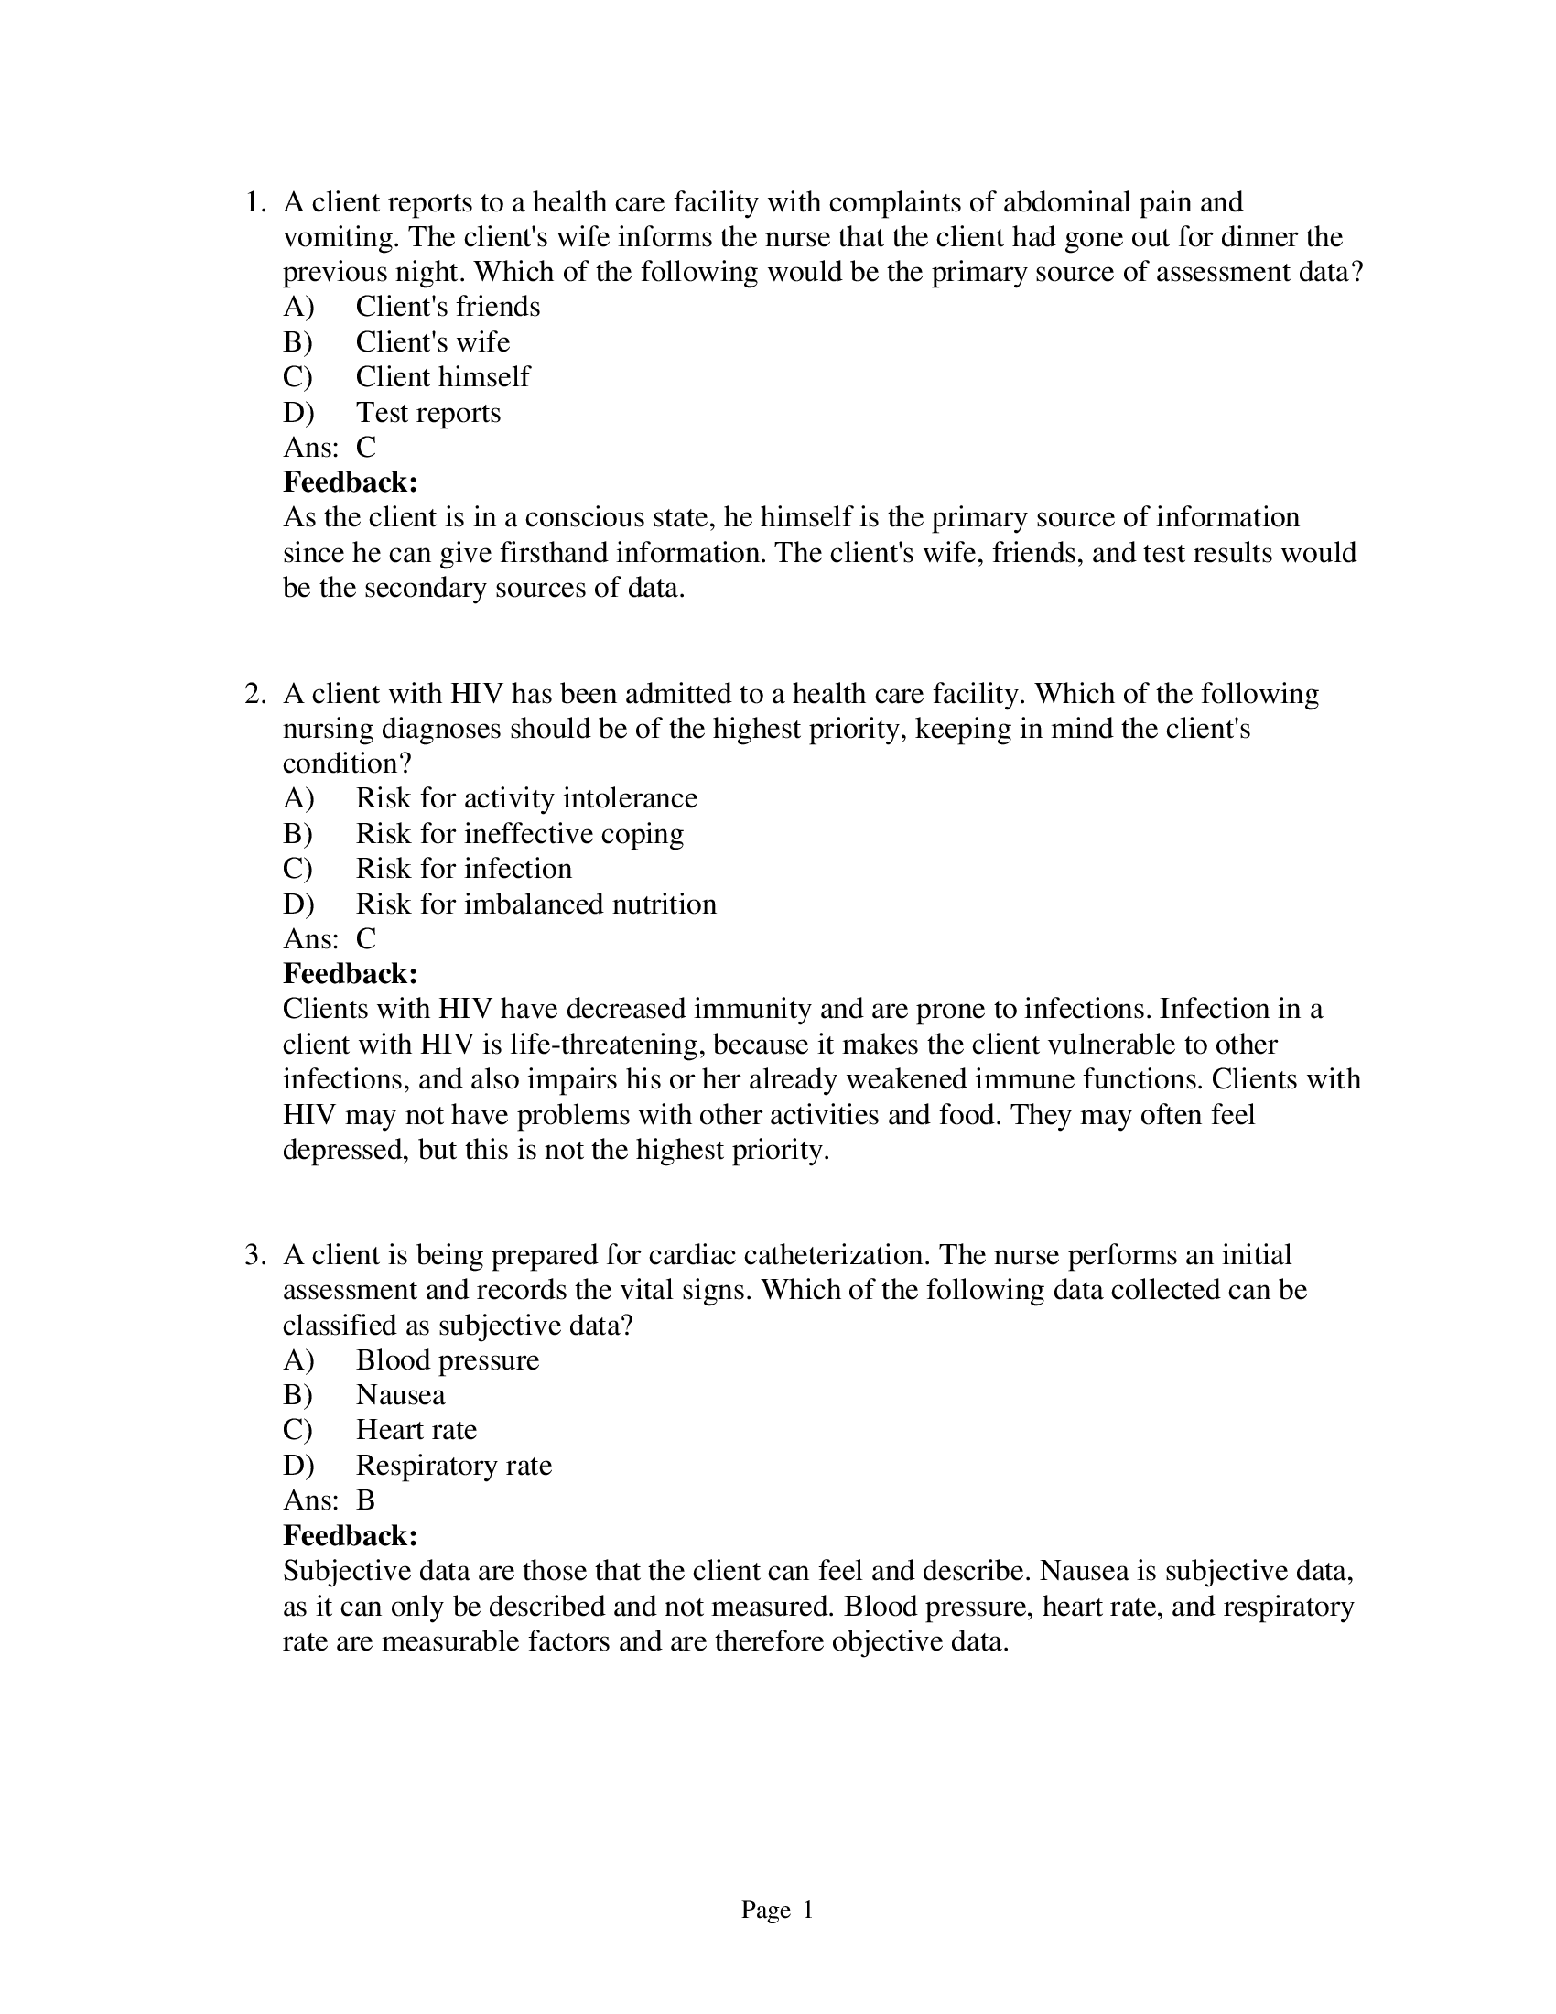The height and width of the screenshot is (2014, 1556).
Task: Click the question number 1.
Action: (x=254, y=202)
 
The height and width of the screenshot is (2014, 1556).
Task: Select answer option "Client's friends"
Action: (x=447, y=306)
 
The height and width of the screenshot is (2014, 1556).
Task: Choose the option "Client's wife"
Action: (x=432, y=342)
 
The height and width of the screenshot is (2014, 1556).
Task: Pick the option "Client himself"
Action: (x=442, y=377)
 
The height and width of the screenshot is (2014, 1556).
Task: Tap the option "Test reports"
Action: (x=427, y=412)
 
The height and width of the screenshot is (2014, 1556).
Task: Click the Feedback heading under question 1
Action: (x=351, y=482)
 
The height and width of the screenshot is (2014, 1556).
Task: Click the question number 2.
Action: (x=254, y=694)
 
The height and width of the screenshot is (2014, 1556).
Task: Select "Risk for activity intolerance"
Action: (x=526, y=797)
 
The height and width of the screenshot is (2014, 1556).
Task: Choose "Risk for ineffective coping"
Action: (x=519, y=834)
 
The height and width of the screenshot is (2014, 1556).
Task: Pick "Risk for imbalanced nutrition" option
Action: (x=535, y=904)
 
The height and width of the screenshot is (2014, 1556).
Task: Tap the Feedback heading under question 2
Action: (x=351, y=974)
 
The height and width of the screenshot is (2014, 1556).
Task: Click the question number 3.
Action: (x=254, y=1255)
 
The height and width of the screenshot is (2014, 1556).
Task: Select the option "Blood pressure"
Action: (x=447, y=1360)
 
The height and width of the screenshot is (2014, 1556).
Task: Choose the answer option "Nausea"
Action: (x=400, y=1395)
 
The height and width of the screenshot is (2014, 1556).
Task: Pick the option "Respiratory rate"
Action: (x=453, y=1466)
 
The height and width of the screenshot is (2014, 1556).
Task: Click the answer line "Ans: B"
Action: (x=330, y=1500)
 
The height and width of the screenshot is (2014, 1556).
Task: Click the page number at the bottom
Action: (x=777, y=1910)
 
